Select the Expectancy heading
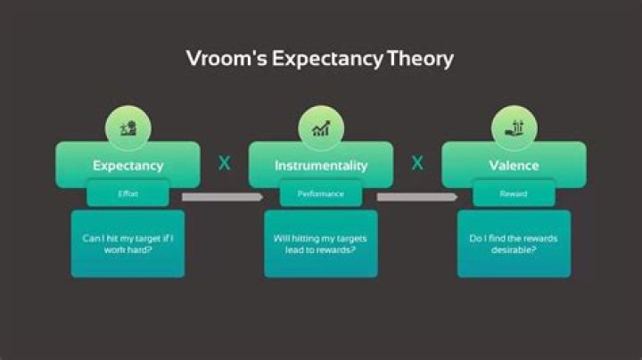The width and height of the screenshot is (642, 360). pyautogui.click(x=128, y=165)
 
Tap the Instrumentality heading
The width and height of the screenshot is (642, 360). pyautogui.click(x=320, y=165)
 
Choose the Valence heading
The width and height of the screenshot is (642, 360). pyautogui.click(x=514, y=165)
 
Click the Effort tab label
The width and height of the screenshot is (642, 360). pyautogui.click(x=128, y=193)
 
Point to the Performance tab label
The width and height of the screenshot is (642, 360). pyautogui.click(x=320, y=193)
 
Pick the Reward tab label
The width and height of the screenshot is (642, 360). pyautogui.click(x=514, y=193)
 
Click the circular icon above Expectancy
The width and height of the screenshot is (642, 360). pyautogui.click(x=128, y=128)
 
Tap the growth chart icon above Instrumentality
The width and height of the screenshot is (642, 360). pyautogui.click(x=320, y=128)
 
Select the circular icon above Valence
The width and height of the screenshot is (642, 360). pyautogui.click(x=514, y=128)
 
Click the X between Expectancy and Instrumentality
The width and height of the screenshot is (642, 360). pyautogui.click(x=224, y=163)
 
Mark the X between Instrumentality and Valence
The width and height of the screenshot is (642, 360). pyautogui.click(x=416, y=163)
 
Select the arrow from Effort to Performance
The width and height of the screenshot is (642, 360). pyautogui.click(x=222, y=196)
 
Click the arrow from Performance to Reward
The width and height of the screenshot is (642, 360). pyautogui.click(x=416, y=196)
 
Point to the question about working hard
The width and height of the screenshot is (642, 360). pyautogui.click(x=128, y=244)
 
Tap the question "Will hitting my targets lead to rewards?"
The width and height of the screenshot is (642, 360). pyautogui.click(x=320, y=244)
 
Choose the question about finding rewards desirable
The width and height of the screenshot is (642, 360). pyautogui.click(x=514, y=244)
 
